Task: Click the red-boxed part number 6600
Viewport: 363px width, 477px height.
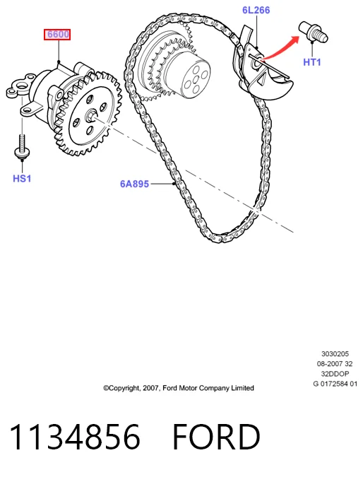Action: (57, 35)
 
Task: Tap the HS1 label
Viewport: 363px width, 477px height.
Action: (22, 178)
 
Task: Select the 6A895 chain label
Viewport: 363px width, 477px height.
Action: (134, 184)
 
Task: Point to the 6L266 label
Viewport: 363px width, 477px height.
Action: (256, 10)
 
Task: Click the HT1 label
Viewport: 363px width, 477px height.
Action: (312, 62)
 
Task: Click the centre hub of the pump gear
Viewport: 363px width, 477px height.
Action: (91, 115)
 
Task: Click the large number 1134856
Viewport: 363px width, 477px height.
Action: (75, 437)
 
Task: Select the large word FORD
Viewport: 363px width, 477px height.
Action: (217, 437)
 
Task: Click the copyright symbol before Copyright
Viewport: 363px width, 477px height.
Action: (106, 388)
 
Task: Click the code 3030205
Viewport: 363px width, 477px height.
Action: (335, 354)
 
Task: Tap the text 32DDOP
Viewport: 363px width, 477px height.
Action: (335, 374)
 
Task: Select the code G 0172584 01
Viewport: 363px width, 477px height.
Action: (335, 384)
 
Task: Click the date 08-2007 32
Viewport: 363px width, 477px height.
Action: (335, 363)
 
